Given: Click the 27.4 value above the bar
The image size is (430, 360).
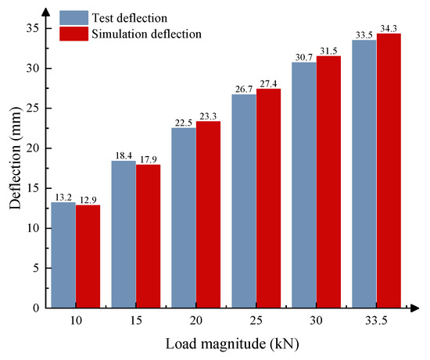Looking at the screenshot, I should [x=268, y=84].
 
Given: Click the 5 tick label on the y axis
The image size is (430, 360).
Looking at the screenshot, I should [x=39, y=268].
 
